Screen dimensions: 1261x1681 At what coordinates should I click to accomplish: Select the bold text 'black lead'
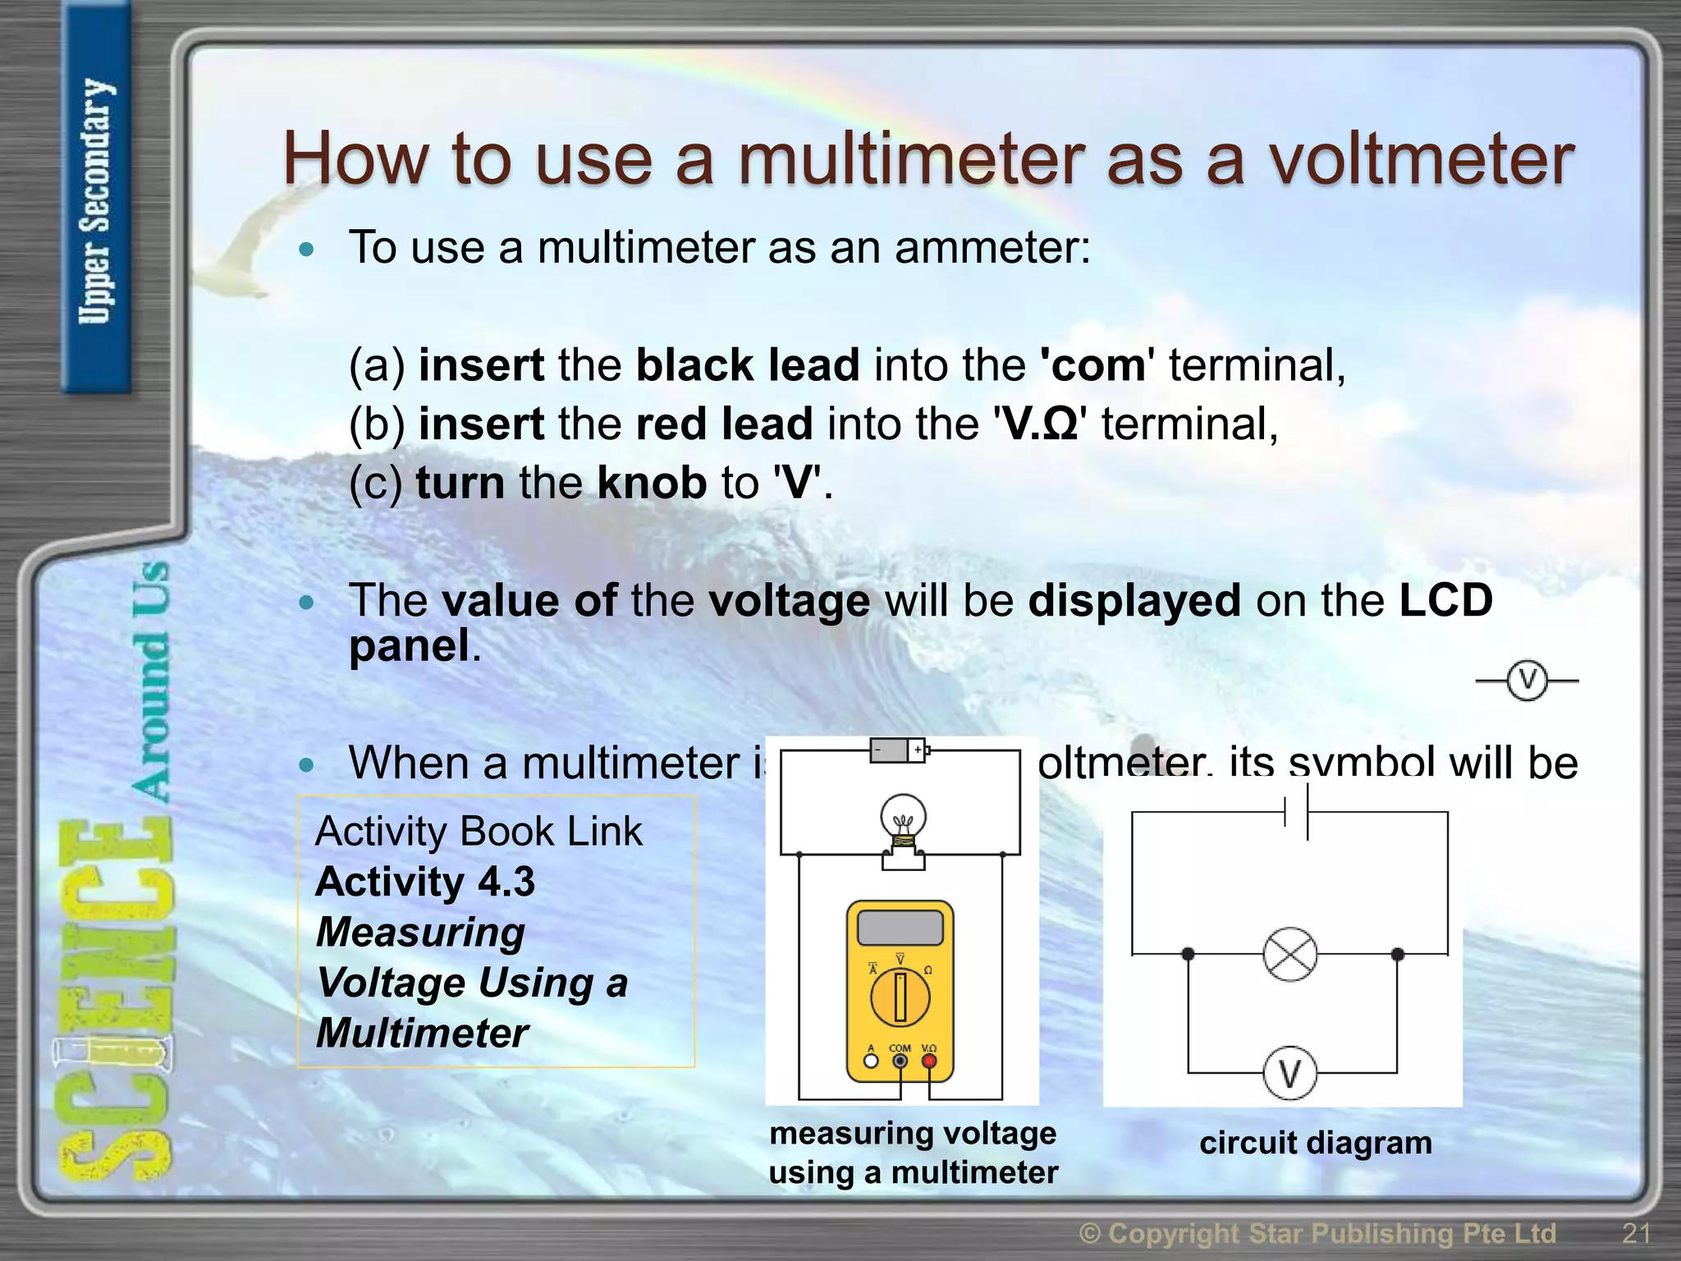pos(748,365)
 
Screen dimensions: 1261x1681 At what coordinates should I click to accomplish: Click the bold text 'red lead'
pos(724,424)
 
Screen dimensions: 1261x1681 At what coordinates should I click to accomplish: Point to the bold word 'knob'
pos(651,483)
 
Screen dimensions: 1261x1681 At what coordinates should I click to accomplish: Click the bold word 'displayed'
pos(1134,600)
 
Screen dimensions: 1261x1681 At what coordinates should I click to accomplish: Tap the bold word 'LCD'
pos(1445,600)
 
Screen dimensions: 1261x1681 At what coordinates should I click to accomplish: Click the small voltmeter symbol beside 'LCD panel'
pos(1527,681)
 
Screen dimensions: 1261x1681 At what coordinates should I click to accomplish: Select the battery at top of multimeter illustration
pos(898,750)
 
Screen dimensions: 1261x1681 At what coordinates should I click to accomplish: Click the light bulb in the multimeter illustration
pos(903,821)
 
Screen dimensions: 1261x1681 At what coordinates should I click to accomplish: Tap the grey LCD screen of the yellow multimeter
pos(900,928)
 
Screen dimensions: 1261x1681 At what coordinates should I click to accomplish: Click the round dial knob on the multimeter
pos(900,997)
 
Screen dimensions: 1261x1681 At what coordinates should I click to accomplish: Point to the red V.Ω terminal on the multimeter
pos(929,1061)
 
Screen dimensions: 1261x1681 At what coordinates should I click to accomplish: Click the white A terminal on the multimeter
pos(872,1061)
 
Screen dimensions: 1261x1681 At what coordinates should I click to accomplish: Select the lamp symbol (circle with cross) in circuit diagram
pos(1289,954)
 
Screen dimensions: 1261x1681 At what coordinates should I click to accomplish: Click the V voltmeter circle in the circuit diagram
pos(1289,1073)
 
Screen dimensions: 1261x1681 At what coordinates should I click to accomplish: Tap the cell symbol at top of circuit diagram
pos(1296,812)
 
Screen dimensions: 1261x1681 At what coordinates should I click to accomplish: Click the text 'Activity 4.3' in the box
pos(424,882)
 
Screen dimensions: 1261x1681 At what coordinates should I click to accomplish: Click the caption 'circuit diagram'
pos(1315,1143)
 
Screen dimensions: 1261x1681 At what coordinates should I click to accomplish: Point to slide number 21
pos(1636,1232)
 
